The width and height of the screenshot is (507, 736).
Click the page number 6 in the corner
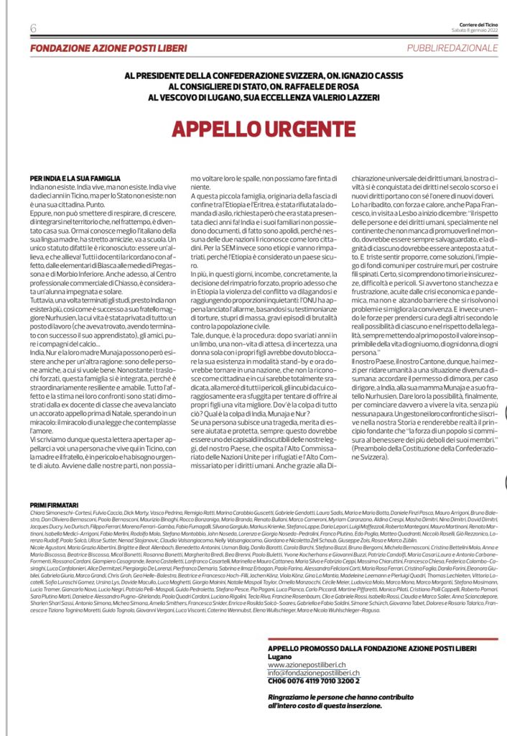34,28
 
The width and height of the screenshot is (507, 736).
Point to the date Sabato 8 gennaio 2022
475,30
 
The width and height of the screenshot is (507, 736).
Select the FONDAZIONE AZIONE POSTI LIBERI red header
108,48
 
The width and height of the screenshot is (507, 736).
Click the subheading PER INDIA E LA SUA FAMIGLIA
75,178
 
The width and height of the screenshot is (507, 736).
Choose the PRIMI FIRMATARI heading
52,506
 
